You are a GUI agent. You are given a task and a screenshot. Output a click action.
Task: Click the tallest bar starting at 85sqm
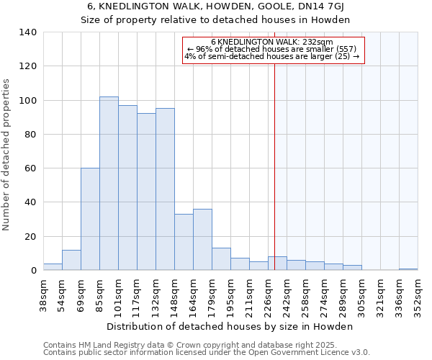(x=109, y=184)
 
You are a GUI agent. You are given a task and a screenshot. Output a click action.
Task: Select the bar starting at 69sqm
(x=90, y=219)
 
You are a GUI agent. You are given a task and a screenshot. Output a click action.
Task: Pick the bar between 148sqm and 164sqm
(x=184, y=242)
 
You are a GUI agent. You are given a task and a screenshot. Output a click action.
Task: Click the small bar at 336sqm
(x=408, y=269)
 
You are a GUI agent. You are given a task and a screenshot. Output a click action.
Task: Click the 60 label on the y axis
(x=31, y=168)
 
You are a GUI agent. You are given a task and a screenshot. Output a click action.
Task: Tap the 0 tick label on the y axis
(x=34, y=271)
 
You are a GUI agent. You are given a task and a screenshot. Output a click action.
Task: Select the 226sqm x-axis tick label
(x=269, y=295)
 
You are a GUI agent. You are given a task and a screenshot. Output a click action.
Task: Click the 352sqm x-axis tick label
(x=418, y=295)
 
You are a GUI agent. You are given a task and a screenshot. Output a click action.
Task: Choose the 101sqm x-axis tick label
(x=119, y=295)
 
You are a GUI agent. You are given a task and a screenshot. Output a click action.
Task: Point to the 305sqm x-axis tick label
(x=362, y=295)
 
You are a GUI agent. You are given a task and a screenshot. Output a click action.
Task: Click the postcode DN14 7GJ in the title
(x=314, y=6)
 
